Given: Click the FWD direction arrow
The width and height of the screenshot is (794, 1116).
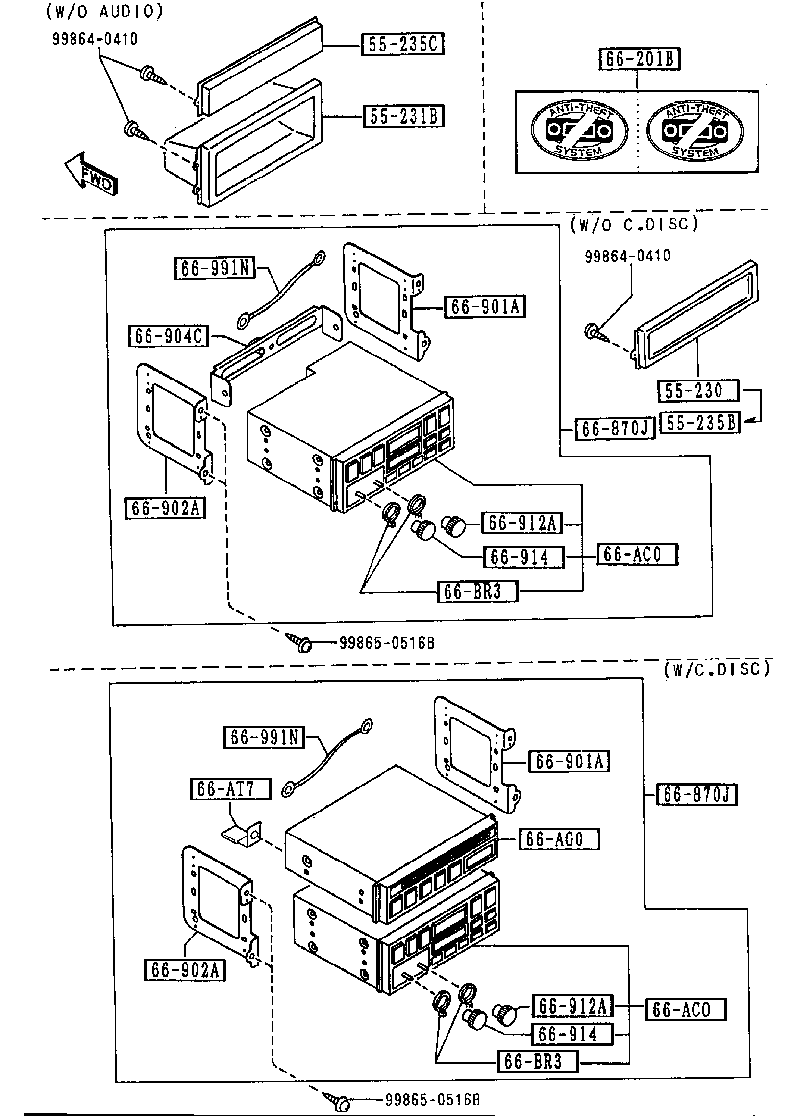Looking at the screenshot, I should pos(92,175).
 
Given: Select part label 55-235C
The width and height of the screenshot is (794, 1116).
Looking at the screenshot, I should pos(402,45).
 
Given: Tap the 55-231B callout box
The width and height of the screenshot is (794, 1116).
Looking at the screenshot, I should pos(403,117).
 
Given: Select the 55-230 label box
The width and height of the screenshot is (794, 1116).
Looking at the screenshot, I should pos(696,391).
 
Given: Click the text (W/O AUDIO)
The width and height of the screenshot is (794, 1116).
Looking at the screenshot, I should pos(104,12).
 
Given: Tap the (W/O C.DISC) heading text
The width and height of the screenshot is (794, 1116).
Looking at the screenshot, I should pos(634,224).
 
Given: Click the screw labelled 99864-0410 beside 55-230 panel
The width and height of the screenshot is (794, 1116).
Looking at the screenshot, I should pos(595,332).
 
